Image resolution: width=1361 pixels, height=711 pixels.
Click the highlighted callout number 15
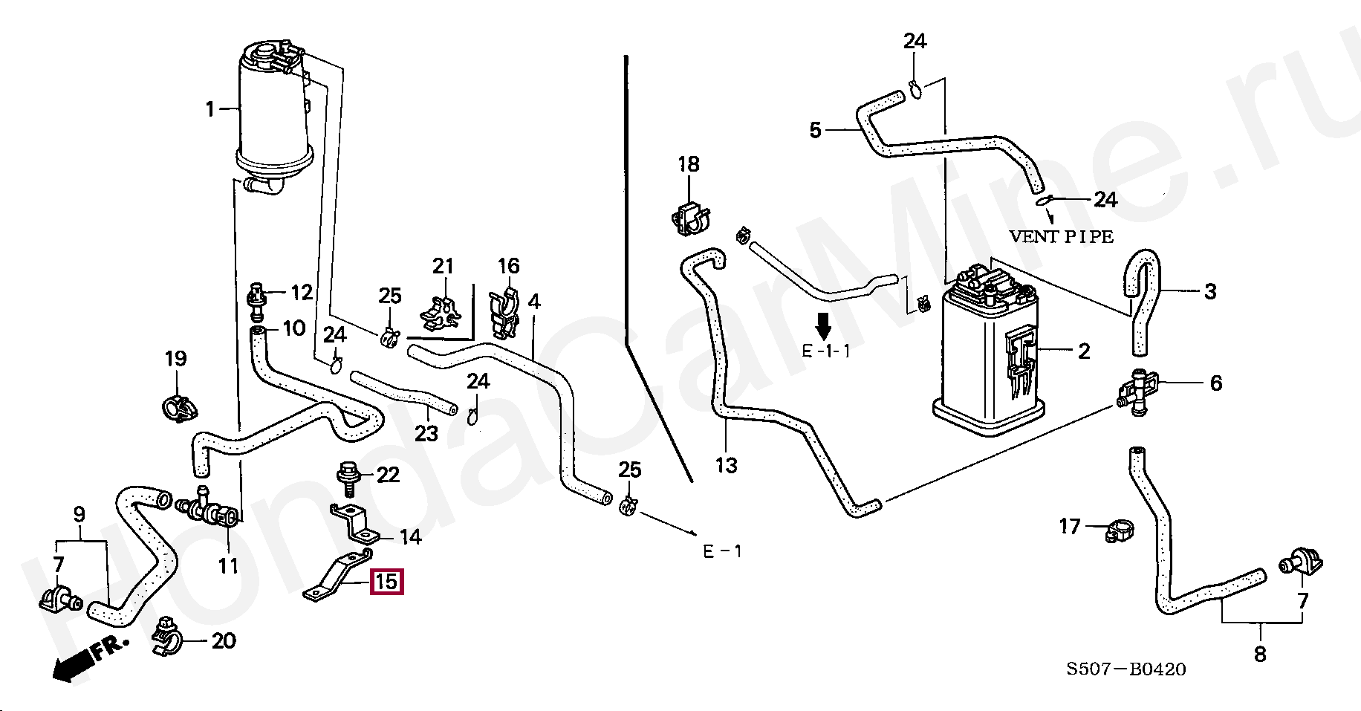386,581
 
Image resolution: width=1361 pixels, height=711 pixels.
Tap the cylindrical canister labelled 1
273,111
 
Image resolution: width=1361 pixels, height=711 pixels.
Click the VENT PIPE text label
1061,237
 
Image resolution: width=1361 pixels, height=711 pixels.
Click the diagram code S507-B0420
1126,669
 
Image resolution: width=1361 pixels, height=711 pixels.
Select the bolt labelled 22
347,475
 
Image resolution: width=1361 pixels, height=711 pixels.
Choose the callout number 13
726,466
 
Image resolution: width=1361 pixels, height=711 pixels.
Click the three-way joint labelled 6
1137,391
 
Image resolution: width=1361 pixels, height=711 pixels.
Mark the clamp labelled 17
1114,530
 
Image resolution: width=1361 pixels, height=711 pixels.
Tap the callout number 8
1260,655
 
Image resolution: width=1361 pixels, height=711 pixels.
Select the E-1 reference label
722,551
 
